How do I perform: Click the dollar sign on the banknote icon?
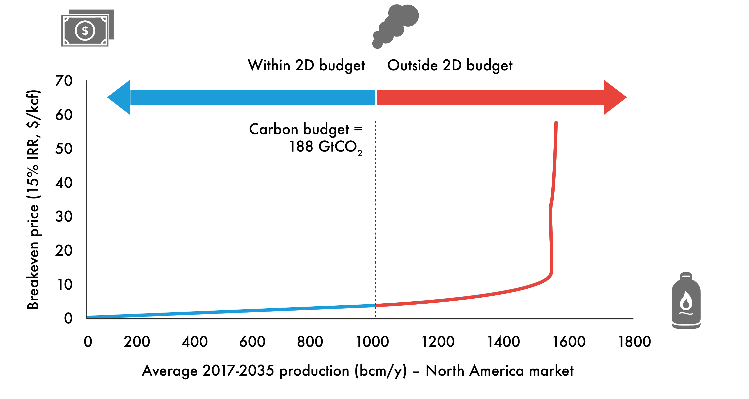pyautogui.click(x=85, y=31)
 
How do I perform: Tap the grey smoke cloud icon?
pyautogui.click(x=397, y=25)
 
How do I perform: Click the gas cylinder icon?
pyautogui.click(x=686, y=301)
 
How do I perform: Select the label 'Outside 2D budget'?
pyautogui.click(x=449, y=65)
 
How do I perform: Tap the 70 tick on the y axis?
pyautogui.click(x=64, y=81)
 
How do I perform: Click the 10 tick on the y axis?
pyautogui.click(x=65, y=284)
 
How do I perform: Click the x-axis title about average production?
pyautogui.click(x=358, y=371)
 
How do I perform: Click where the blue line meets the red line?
pyautogui.click(x=375, y=305)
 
